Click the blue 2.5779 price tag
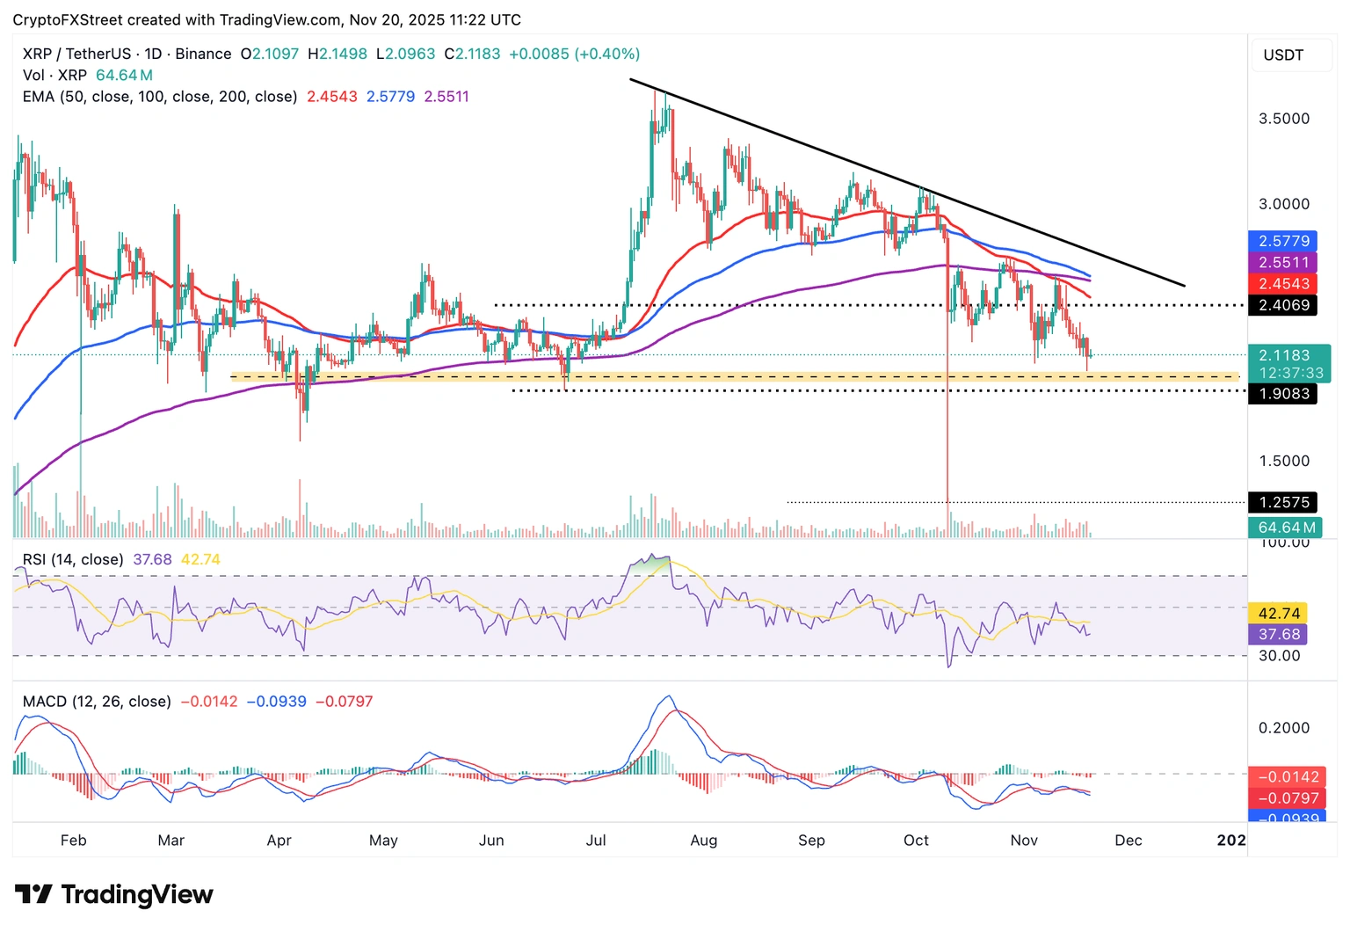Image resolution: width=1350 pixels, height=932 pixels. tap(1283, 241)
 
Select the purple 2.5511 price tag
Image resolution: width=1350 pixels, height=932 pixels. tap(1283, 262)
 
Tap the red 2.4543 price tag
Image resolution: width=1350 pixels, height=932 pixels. tap(1283, 283)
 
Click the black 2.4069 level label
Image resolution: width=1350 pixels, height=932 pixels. tap(1283, 305)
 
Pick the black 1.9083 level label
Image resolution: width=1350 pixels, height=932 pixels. tap(1283, 394)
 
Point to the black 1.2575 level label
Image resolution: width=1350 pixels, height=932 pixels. tap(1283, 502)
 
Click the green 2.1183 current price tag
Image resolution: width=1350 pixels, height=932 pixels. tap(1288, 356)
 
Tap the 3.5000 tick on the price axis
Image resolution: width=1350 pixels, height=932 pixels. tap(1283, 119)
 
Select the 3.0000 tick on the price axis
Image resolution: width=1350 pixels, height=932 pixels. tap(1283, 204)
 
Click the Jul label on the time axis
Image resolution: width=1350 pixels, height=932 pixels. tap(596, 841)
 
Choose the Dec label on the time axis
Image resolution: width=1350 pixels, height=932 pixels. tap(1128, 841)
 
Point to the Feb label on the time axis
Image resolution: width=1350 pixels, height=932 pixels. tap(74, 841)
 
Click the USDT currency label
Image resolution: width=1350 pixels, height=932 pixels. tap(1283, 55)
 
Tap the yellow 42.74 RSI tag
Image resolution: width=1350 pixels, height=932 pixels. tap(1279, 613)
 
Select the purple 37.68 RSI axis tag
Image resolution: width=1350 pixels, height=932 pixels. tap(1279, 634)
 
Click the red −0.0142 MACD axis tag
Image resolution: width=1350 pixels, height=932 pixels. tap(1288, 776)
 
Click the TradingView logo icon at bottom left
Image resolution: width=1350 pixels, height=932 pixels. tap(33, 895)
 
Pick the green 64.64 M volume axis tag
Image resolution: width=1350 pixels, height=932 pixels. tap(1287, 528)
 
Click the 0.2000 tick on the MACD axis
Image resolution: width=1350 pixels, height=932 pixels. tap(1283, 728)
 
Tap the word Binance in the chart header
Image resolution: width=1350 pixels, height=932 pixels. tap(203, 54)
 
